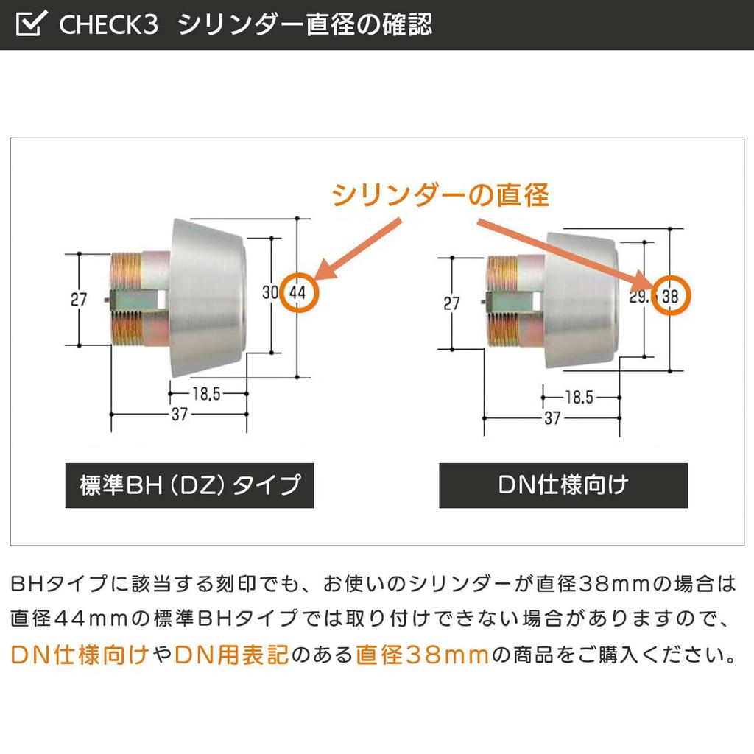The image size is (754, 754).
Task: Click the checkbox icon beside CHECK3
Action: pyautogui.click(x=31, y=23)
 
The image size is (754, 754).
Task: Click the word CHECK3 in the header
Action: pyautogui.click(x=108, y=24)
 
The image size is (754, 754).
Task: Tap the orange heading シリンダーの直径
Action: pyautogui.click(x=440, y=195)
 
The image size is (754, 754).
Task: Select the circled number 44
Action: pyautogui.click(x=299, y=292)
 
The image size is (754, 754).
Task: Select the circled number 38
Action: pyautogui.click(x=672, y=296)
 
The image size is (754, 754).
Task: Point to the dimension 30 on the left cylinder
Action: pyautogui.click(x=269, y=292)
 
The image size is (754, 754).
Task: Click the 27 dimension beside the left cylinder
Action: pyautogui.click(x=79, y=300)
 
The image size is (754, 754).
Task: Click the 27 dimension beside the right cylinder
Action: pyautogui.click(x=451, y=303)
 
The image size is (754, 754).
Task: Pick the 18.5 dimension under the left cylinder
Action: pyautogui.click(x=206, y=394)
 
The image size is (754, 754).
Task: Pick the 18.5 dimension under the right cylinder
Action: pyautogui.click(x=579, y=398)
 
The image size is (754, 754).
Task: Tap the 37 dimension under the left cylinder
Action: pyautogui.click(x=180, y=414)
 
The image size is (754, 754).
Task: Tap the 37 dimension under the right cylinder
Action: pyautogui.click(x=552, y=418)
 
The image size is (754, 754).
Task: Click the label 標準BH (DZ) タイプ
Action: pyautogui.click(x=189, y=485)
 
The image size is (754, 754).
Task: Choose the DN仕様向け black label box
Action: pyautogui.click(x=563, y=485)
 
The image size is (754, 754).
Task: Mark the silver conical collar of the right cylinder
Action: pyautogui.click(x=580, y=300)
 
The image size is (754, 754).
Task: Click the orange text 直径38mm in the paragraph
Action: pyautogui.click(x=423, y=655)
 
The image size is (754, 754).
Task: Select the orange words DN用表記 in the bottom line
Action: pyautogui.click(x=232, y=655)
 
